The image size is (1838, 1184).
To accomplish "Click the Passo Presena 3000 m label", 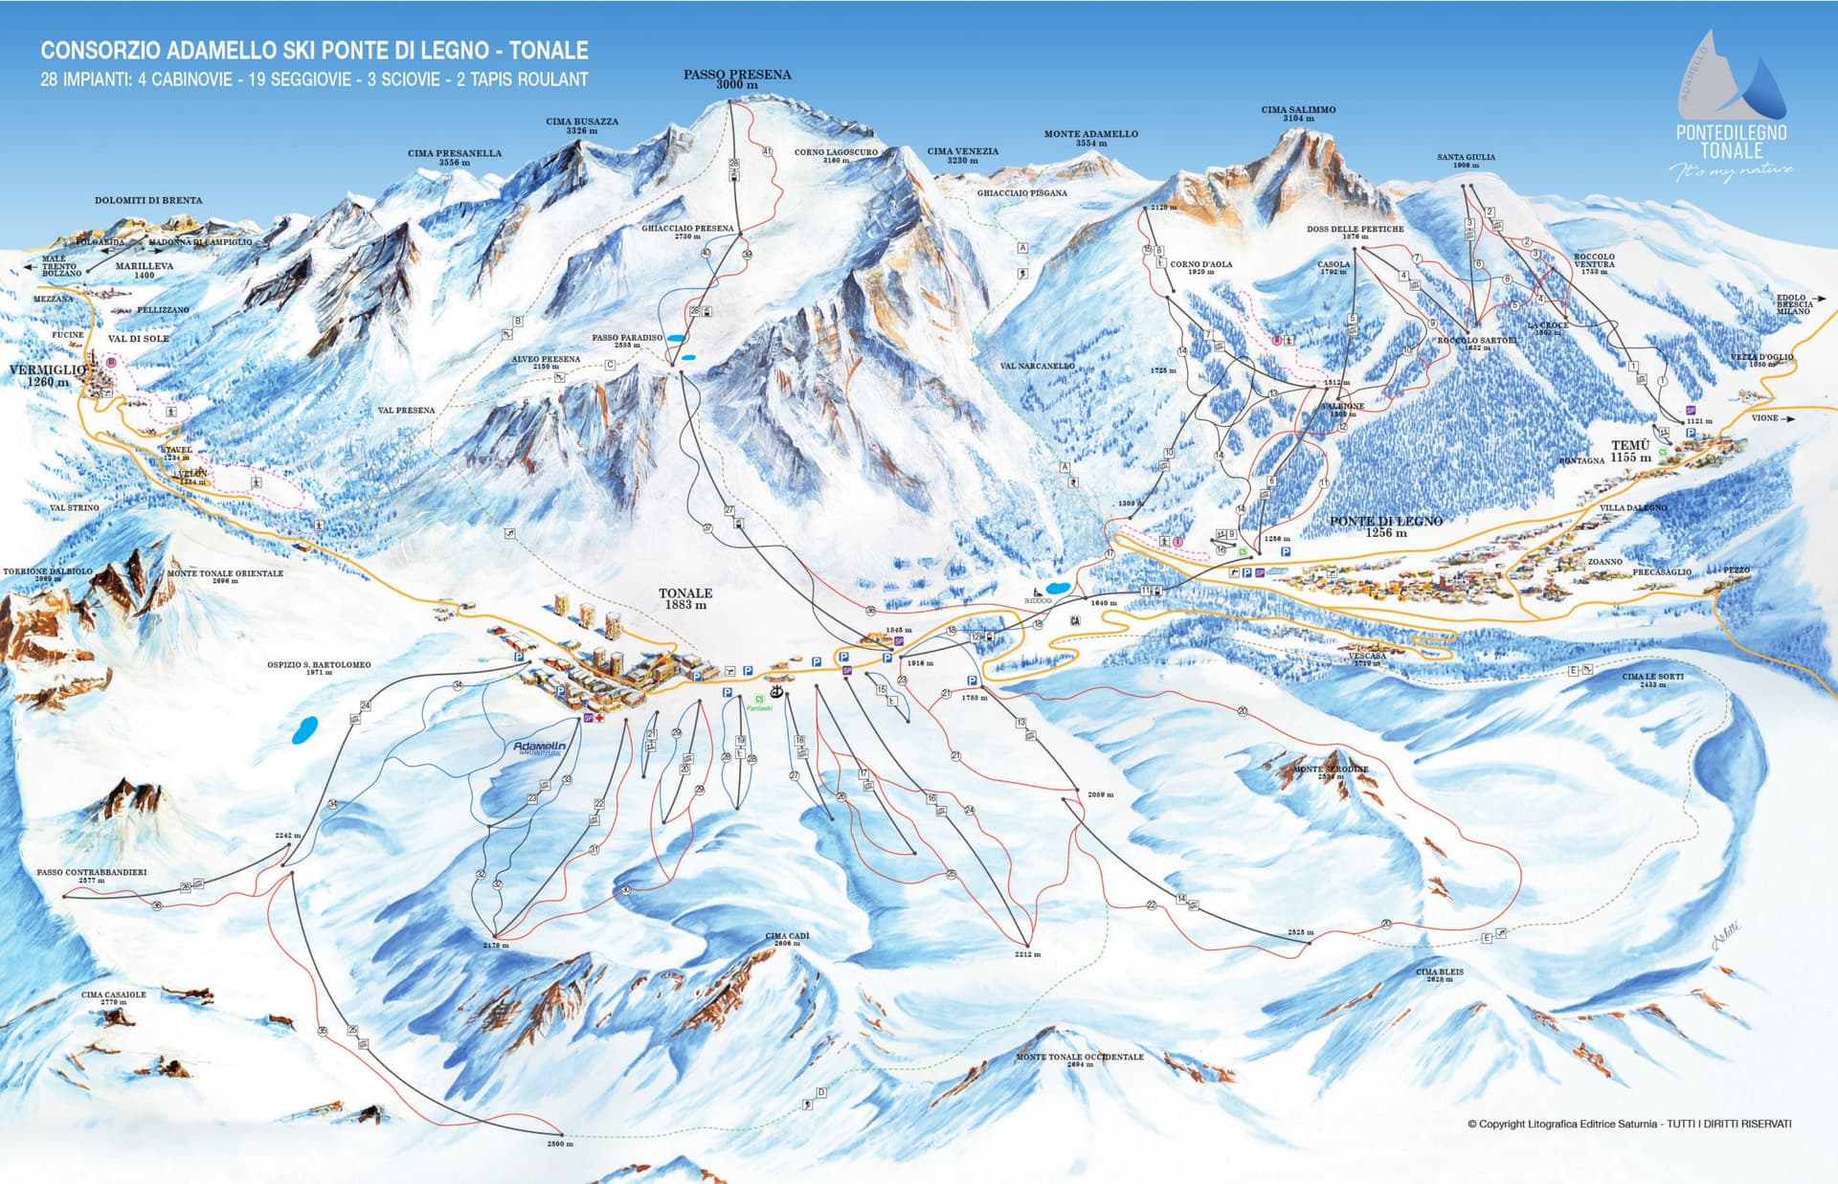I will (736, 78).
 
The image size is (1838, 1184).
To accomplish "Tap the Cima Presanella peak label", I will (454, 157).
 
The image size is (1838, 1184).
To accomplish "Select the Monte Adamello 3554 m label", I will (1090, 138).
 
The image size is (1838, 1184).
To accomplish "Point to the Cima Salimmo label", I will (1298, 113).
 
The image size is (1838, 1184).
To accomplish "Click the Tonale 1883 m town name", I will (685, 598).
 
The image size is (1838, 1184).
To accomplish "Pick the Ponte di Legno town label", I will (1385, 525).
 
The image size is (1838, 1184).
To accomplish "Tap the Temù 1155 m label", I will (1629, 451).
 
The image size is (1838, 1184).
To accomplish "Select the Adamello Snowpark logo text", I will (539, 748).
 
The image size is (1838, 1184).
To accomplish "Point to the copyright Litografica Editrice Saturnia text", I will (1627, 1124).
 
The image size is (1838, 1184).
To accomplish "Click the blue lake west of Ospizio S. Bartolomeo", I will (305, 730).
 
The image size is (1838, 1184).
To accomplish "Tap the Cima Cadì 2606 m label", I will (787, 938).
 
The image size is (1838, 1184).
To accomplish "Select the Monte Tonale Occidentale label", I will (1079, 1059).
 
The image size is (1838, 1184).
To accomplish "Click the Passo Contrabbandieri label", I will (91, 874).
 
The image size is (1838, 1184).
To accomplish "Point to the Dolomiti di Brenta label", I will (148, 200).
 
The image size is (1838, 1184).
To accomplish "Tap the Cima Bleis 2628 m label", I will (1439, 973).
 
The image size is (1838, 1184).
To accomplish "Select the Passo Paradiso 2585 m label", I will (627, 340).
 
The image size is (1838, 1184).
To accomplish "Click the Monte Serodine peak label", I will (1330, 771).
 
